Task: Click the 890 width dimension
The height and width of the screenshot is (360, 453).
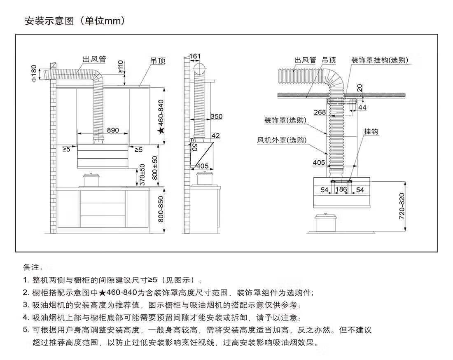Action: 113,130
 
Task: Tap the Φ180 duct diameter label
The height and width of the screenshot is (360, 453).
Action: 34,74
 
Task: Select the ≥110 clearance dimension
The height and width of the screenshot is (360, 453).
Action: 121,67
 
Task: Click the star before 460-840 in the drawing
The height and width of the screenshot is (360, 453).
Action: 161,131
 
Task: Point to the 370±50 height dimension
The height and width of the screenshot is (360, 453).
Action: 142,175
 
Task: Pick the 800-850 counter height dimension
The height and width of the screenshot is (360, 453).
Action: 161,209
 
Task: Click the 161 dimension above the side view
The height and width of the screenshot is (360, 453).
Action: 195,56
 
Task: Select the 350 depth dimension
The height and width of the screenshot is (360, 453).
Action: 216,117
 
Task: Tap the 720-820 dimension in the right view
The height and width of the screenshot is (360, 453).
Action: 402,206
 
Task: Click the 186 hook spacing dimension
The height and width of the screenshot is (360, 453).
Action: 341,189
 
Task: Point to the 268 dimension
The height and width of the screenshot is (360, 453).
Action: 320,112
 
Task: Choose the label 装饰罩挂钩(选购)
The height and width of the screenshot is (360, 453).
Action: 380,60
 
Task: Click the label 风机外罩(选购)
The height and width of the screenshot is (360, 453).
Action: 282,140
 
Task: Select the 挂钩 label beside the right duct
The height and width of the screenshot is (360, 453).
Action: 371,132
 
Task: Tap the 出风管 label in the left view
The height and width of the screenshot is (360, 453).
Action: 94,59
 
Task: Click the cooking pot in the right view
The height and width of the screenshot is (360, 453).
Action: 326,222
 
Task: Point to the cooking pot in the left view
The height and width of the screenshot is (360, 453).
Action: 91,180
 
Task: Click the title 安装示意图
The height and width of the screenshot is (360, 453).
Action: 49,21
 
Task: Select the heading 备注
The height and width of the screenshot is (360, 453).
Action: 31,267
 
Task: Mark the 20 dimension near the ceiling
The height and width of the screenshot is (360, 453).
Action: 360,88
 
